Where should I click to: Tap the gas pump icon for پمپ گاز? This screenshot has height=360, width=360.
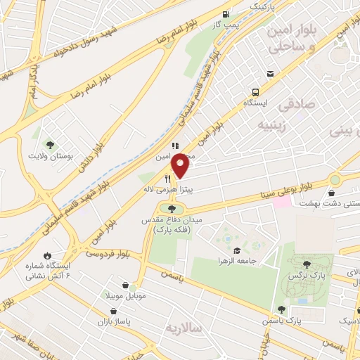click(225, 14)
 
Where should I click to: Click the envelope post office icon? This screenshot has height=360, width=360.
click(270, 74)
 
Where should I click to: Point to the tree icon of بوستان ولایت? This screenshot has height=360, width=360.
click(49, 143)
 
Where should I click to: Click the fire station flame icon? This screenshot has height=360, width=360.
click(46, 255)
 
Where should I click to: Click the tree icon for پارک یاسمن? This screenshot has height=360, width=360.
click(281, 309)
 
